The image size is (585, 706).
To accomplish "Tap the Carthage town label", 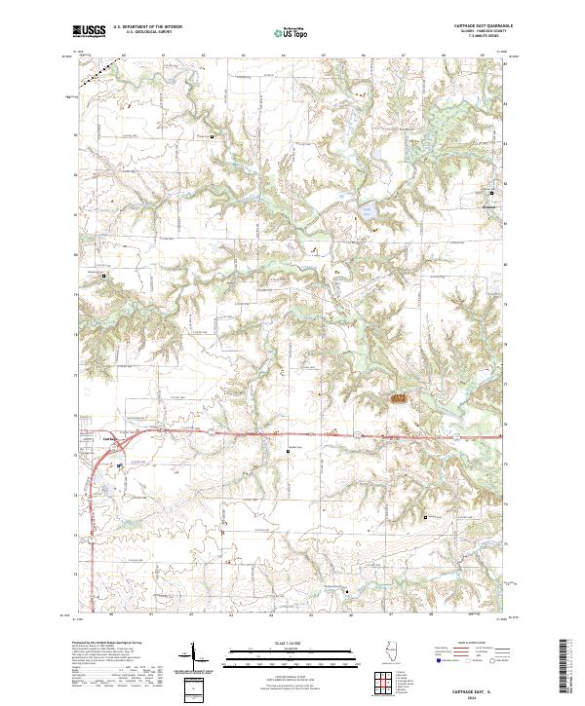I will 109,439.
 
